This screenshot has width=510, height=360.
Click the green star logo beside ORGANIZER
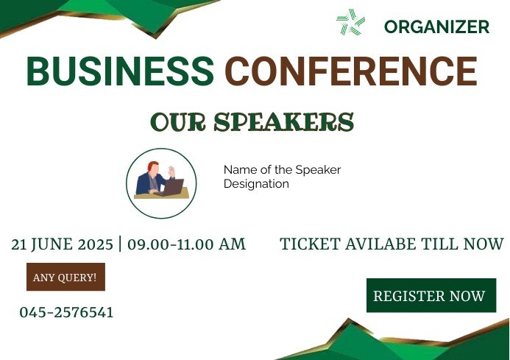point(350,22)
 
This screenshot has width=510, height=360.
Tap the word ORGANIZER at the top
point(436,27)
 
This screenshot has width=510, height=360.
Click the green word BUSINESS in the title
point(121,71)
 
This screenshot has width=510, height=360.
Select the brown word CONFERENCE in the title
point(351,71)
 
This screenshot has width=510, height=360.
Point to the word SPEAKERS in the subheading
point(284,121)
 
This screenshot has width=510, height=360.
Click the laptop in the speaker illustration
point(172,188)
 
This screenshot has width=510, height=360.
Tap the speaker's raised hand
point(171,171)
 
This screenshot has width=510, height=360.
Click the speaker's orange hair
point(152,165)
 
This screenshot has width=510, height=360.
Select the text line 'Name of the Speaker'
point(282,170)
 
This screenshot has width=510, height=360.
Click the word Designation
point(256,184)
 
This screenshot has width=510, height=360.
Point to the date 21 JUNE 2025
point(62,244)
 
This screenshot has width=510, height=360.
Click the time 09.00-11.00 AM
point(186,244)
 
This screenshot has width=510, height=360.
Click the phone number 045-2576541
point(66,312)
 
